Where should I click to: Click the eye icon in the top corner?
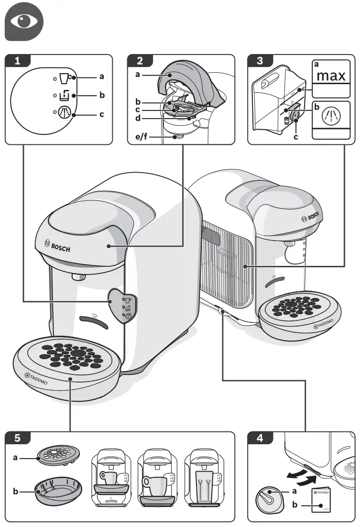24,22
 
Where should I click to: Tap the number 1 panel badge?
18,60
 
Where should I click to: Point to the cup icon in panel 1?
64,77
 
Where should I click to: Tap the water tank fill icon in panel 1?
64,96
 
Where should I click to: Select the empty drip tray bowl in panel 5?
58,491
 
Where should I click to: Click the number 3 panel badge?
261,60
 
